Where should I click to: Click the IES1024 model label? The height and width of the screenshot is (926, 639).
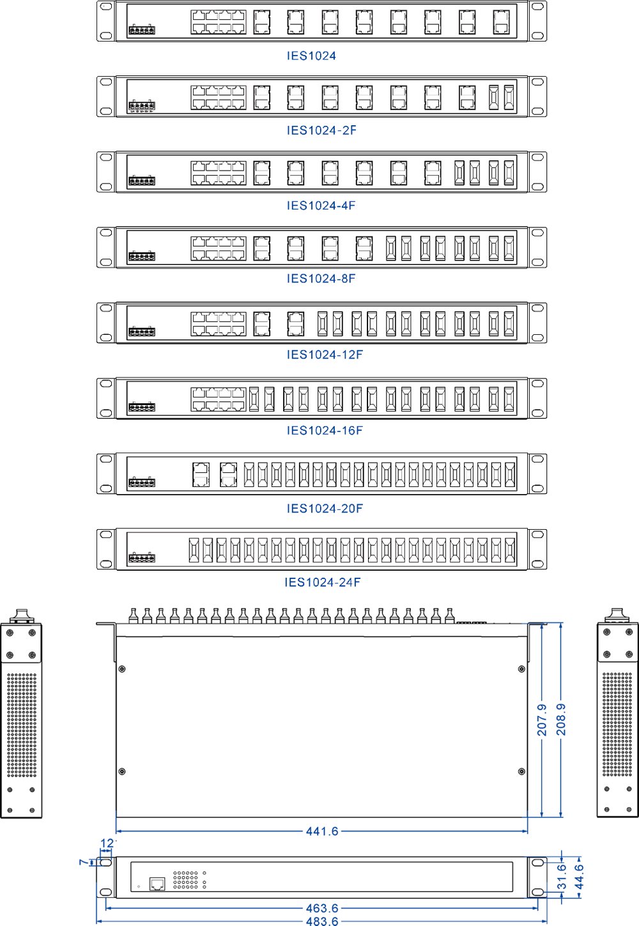[x=311, y=56]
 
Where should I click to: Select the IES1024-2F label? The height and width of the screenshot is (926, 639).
[x=321, y=130]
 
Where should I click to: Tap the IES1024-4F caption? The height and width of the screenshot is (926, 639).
[x=321, y=205]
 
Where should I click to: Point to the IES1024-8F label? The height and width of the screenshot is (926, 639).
[x=321, y=278]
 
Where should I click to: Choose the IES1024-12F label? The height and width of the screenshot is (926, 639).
[x=325, y=354]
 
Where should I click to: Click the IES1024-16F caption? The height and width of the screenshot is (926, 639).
[x=325, y=430]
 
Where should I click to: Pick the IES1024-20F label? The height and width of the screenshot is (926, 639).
[x=325, y=508]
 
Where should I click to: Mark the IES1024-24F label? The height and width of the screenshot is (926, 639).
[x=323, y=582]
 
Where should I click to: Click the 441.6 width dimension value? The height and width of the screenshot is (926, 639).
[x=322, y=831]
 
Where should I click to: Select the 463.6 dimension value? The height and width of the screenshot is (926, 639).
[x=322, y=908]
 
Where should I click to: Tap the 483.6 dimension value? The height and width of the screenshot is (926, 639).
[x=322, y=921]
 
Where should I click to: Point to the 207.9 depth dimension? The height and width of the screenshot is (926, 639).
[x=542, y=720]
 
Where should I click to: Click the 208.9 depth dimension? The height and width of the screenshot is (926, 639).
[x=561, y=720]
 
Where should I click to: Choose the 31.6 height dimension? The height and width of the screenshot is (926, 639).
[x=561, y=877]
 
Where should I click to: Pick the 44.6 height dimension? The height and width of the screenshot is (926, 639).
[x=580, y=877]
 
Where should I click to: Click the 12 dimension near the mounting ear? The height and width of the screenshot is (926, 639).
[x=107, y=844]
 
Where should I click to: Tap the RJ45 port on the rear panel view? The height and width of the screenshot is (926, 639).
[x=157, y=884]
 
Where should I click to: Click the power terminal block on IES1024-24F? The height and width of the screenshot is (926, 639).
[x=142, y=558]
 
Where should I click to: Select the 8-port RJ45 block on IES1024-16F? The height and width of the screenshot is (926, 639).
[x=219, y=399]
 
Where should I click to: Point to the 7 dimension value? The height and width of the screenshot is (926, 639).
[x=83, y=862]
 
